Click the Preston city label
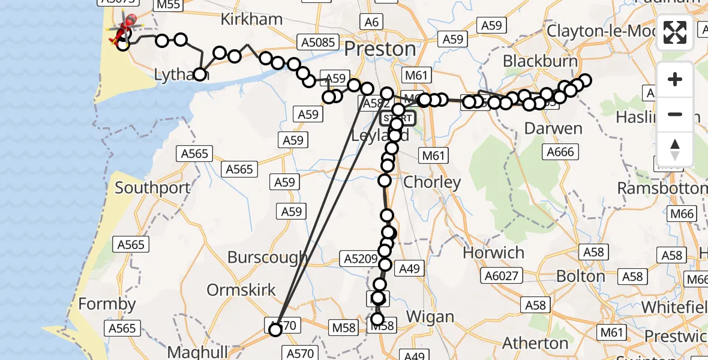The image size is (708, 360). point(381,49)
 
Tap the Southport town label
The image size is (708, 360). point(152,188)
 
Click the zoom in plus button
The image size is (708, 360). point(675,79)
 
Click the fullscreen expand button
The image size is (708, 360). point(675,32)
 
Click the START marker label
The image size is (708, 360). point(397,118)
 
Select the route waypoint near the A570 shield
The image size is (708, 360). point(275,329)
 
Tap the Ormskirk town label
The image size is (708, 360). point(241,290)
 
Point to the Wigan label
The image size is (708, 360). point(430,317)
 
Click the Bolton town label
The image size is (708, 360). point(581,276)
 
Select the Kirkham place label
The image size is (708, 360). point(251,19)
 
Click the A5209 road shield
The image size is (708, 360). point(360,260)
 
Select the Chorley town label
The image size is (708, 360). point(432,182)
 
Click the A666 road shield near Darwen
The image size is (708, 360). point(560,152)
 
